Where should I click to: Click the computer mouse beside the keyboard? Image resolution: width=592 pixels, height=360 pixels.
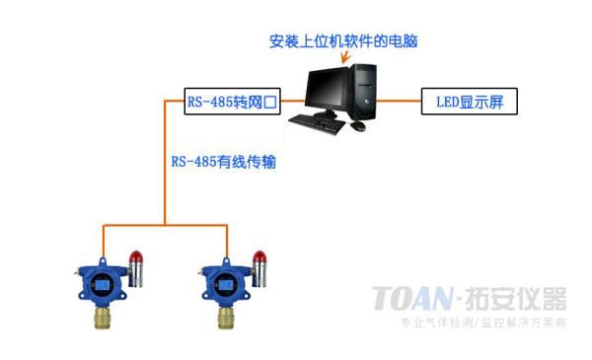point(358,126)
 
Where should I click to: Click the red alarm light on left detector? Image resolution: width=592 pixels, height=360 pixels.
point(136,259)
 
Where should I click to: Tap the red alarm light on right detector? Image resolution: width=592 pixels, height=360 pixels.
point(259,259)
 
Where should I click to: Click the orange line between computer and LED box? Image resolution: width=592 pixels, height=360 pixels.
point(399,101)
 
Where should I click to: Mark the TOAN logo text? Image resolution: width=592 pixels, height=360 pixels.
point(412,297)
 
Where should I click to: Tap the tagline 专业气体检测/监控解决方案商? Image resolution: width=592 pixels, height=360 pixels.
point(481,324)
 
